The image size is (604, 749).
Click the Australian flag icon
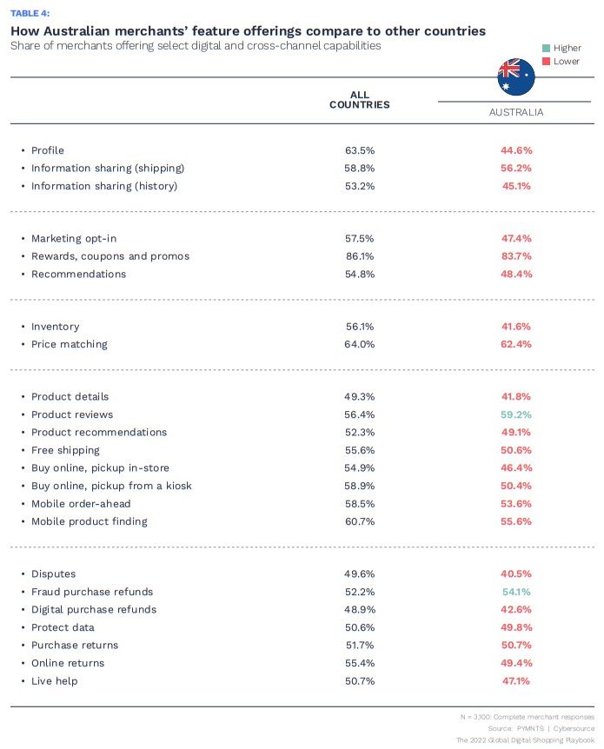515,76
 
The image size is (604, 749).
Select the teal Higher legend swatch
545,48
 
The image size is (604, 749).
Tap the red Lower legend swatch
545,61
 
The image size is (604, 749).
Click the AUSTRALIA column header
516,112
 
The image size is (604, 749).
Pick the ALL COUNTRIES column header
359,100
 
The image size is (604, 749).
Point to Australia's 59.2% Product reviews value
515,414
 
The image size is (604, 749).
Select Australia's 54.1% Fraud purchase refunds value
515,592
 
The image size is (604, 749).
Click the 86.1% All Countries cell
359,256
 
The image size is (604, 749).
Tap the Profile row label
48,150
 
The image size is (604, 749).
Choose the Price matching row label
70,344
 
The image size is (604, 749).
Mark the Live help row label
54,680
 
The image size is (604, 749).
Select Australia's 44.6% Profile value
515,150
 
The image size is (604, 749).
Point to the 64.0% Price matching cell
359,344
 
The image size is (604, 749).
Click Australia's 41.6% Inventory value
515,327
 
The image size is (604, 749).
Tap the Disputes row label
53,573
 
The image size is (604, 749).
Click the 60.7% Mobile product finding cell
359,521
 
